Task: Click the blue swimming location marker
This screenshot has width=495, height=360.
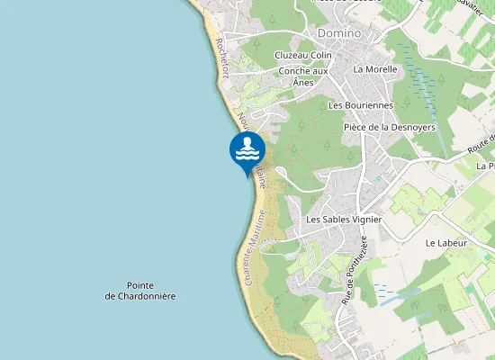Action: click(x=247, y=150)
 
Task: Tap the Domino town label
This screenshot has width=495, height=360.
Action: click(x=338, y=33)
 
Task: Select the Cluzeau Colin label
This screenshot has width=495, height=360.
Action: click(x=303, y=56)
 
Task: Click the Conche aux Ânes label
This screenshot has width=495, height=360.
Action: click(x=303, y=76)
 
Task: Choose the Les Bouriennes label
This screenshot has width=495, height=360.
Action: click(x=361, y=105)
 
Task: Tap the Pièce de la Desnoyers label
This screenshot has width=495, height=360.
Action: click(x=390, y=128)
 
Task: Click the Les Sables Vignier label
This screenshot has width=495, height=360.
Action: click(x=345, y=220)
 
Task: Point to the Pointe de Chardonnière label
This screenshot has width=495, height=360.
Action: click(x=139, y=290)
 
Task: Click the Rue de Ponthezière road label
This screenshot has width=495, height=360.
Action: click(x=354, y=270)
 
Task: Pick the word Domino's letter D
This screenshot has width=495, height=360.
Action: click(x=321, y=33)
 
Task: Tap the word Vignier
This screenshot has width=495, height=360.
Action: click(x=366, y=220)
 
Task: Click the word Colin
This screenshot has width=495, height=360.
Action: click(x=321, y=56)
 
